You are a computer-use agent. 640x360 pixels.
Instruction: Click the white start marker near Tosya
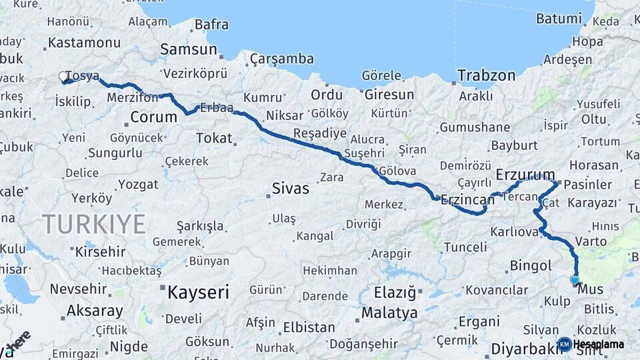[x=64, y=77]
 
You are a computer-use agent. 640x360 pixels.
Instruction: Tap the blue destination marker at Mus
[x=575, y=281]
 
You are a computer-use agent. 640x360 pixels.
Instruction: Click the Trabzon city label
[x=486, y=75]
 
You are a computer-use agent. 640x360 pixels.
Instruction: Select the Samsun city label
[x=189, y=49]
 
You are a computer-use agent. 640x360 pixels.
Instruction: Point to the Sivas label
[x=291, y=189]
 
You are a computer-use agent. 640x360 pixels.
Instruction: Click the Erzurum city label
[x=525, y=175]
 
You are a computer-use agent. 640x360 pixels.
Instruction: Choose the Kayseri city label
[x=198, y=292]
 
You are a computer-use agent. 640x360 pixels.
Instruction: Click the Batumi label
[x=559, y=19]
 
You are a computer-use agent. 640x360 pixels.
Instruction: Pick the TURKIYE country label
[x=93, y=223]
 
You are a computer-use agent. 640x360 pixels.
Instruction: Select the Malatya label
[x=389, y=313]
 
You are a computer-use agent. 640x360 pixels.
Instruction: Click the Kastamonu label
[x=83, y=43]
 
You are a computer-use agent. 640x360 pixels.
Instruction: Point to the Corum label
[x=153, y=117]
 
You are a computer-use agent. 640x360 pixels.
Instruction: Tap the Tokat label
[x=214, y=138]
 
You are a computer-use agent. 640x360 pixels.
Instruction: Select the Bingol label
[x=531, y=265]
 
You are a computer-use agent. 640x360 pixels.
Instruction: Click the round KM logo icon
[x=564, y=344]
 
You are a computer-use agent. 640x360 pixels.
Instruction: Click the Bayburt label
[x=514, y=145]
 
